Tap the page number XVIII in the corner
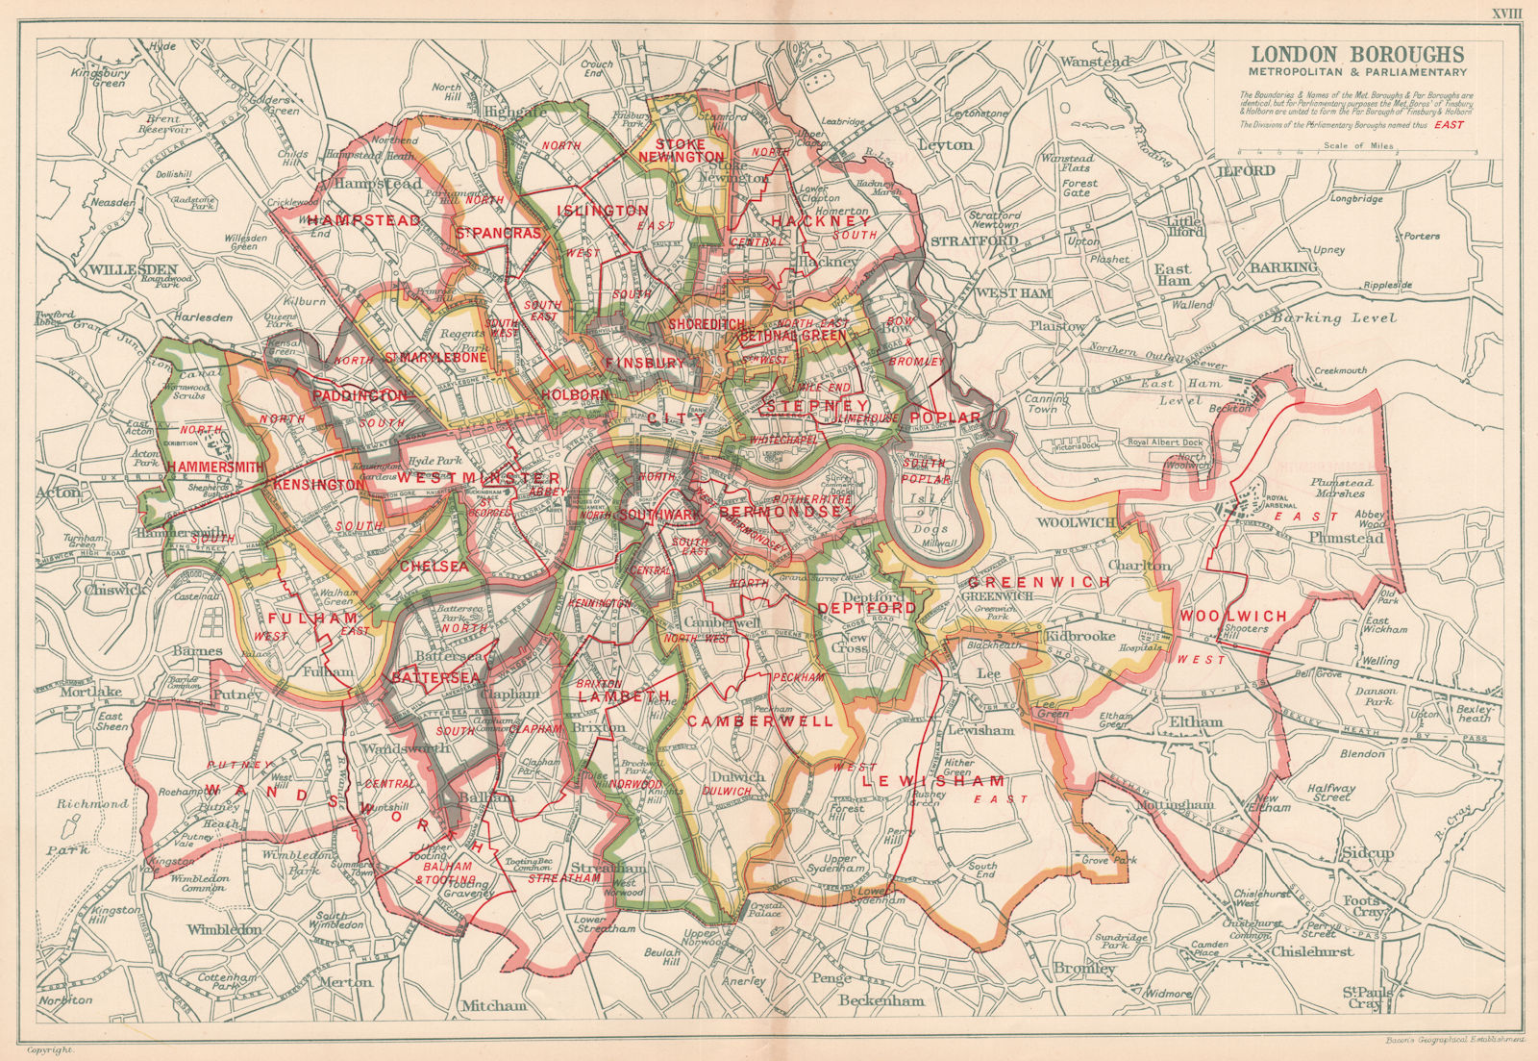click(1506, 13)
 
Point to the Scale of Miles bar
click(1357, 152)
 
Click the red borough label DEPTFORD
click(866, 608)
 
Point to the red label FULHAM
click(301, 618)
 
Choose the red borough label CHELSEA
click(434, 566)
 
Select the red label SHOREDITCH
click(707, 324)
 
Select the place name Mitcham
click(494, 1005)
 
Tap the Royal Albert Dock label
click(1165, 443)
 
